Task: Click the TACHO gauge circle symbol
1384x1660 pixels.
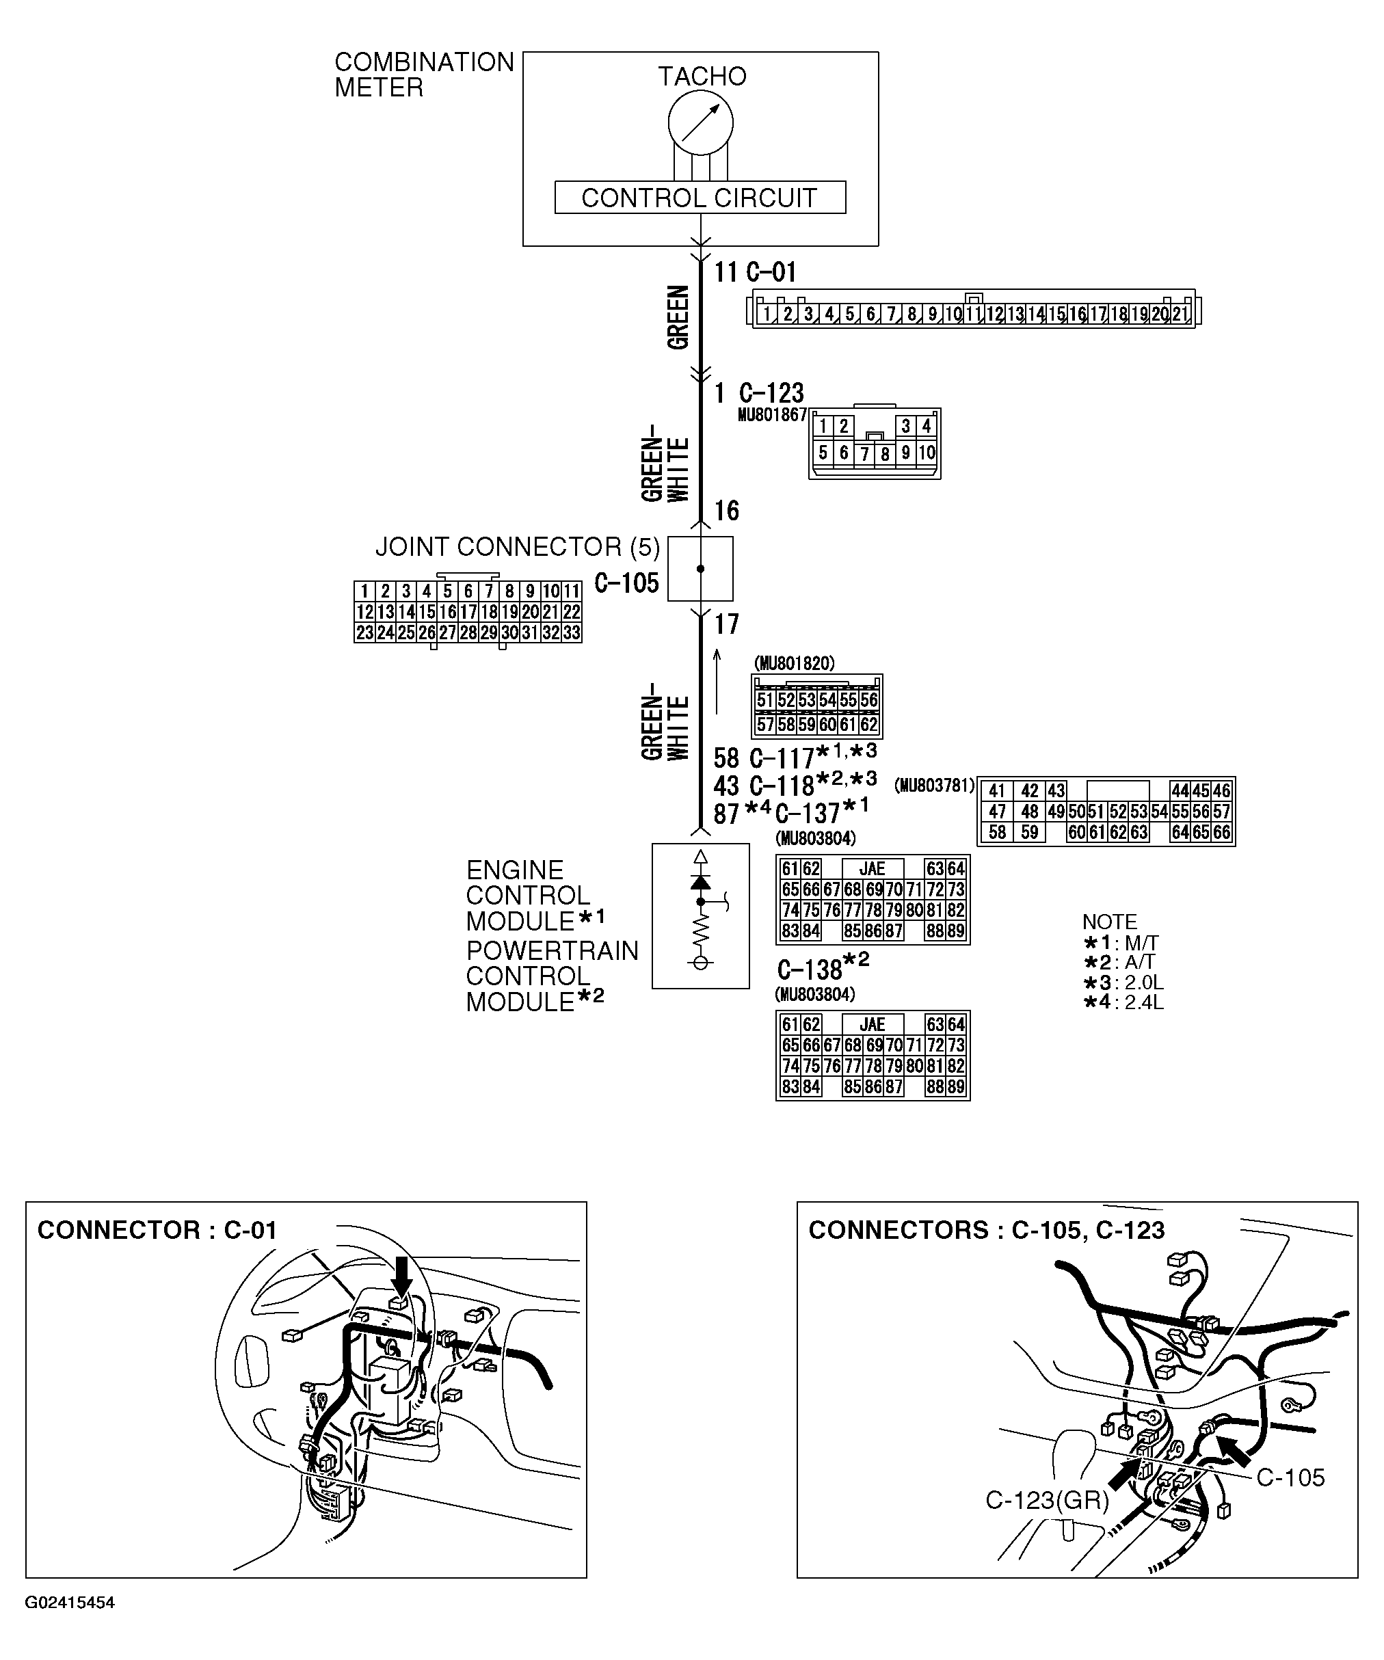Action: coord(700,122)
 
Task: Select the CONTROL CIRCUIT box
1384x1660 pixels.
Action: coord(700,198)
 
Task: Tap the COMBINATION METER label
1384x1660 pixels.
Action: coord(424,75)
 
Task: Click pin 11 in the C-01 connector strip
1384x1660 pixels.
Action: coord(974,314)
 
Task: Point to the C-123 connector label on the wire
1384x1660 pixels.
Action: coord(771,393)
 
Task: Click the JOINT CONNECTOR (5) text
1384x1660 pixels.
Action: coord(517,547)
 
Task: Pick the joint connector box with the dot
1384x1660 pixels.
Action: coord(700,568)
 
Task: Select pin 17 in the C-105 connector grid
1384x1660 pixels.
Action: coord(468,612)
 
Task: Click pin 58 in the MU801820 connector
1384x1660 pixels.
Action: coord(785,723)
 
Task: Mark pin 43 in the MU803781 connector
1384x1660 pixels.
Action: coord(1056,790)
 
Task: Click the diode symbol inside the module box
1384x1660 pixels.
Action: coord(700,882)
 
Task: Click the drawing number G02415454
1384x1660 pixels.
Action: coord(70,1603)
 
